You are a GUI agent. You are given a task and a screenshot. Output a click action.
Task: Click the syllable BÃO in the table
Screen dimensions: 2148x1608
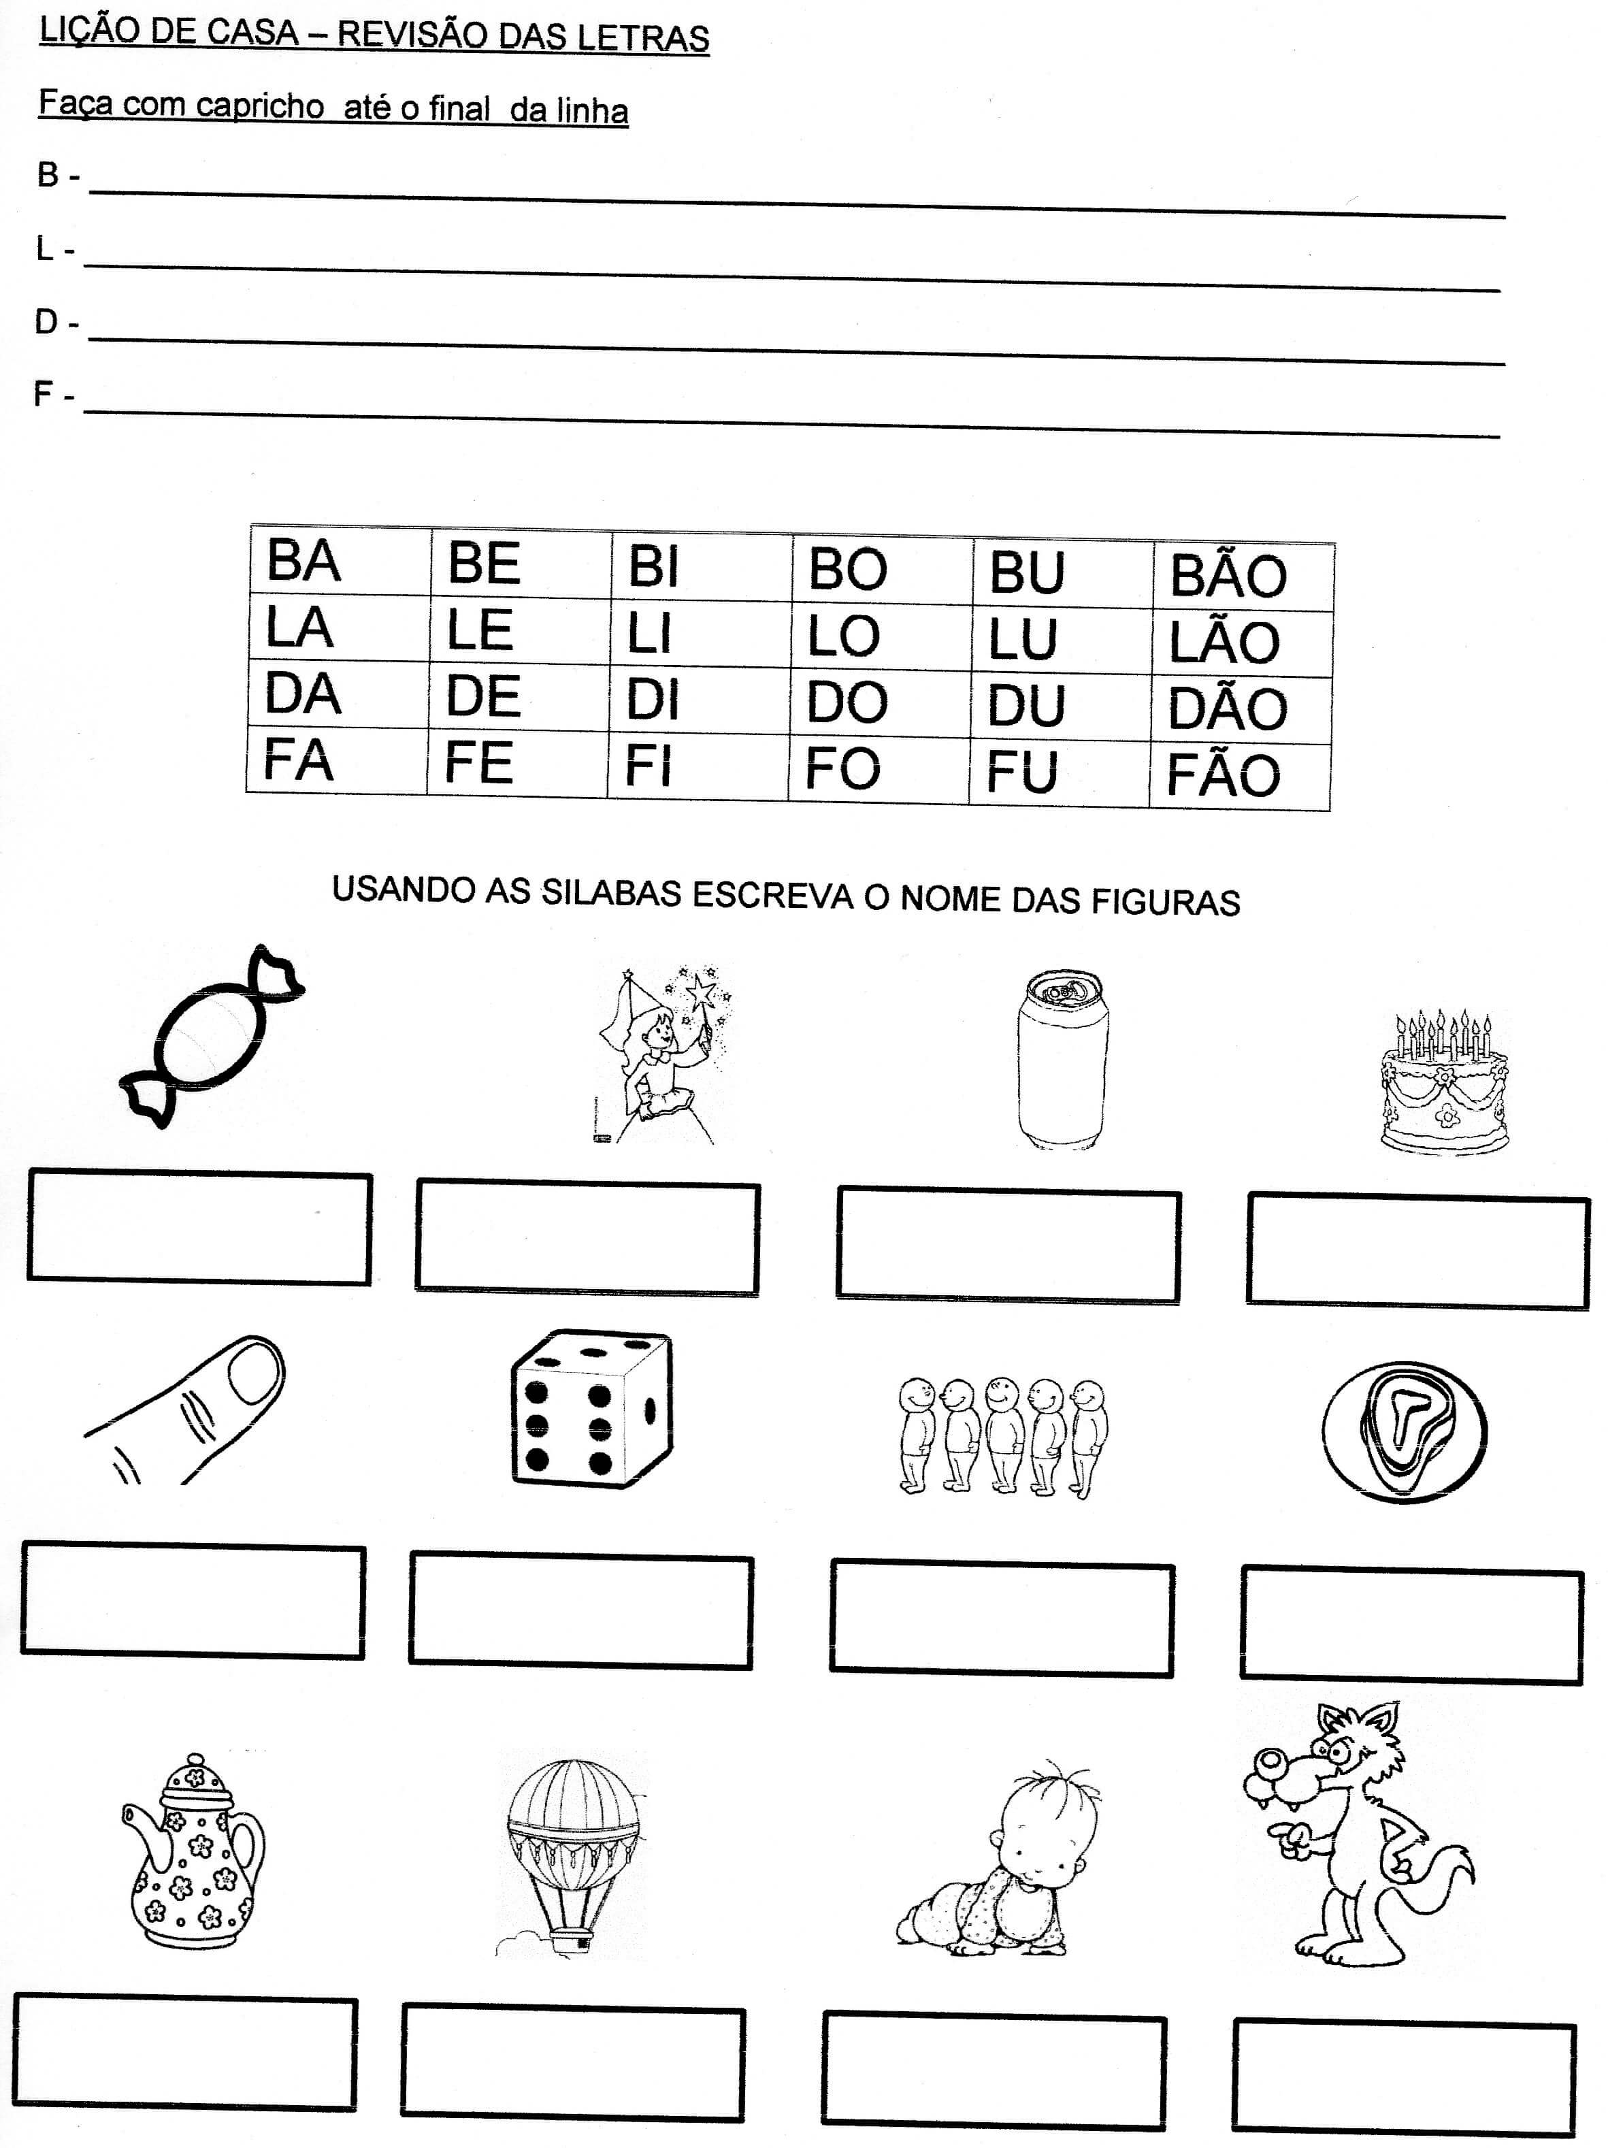pos(1228,575)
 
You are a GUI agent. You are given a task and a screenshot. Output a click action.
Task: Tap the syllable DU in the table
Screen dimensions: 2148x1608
pos(1025,705)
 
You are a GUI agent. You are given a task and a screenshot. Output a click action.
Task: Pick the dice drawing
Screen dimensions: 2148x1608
pos(591,1410)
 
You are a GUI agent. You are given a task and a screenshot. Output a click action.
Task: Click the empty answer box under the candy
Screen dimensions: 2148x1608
pos(199,1228)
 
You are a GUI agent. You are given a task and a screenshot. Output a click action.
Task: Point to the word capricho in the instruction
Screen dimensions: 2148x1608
pos(259,105)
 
